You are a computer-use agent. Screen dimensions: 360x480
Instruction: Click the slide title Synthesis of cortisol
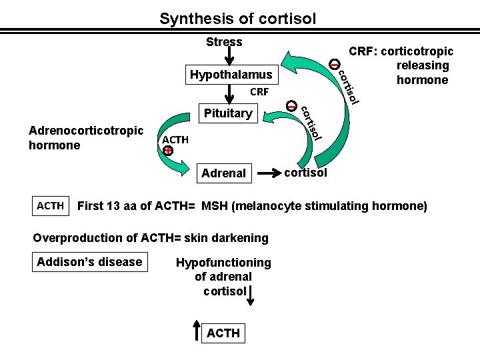pyautogui.click(x=237, y=18)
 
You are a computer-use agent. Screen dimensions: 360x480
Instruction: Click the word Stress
pyautogui.click(x=224, y=42)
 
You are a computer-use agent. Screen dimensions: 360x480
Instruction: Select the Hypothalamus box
pyautogui.click(x=231, y=74)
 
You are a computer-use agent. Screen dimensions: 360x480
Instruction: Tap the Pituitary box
pyautogui.click(x=227, y=113)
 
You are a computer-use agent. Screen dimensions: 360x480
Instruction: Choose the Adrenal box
pyautogui.click(x=223, y=173)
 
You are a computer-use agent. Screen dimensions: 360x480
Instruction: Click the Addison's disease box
pyautogui.click(x=90, y=261)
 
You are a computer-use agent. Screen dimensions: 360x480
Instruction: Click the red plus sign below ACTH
pyautogui.click(x=168, y=151)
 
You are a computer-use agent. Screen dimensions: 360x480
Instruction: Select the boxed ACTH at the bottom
pyautogui.click(x=223, y=332)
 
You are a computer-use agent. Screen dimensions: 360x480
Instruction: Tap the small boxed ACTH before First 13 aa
pyautogui.click(x=51, y=206)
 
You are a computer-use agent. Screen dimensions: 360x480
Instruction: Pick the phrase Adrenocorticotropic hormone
pyautogui.click(x=86, y=137)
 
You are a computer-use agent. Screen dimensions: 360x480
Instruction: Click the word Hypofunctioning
pyautogui.click(x=223, y=262)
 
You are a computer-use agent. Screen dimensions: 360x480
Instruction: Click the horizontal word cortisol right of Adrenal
pyautogui.click(x=305, y=173)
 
